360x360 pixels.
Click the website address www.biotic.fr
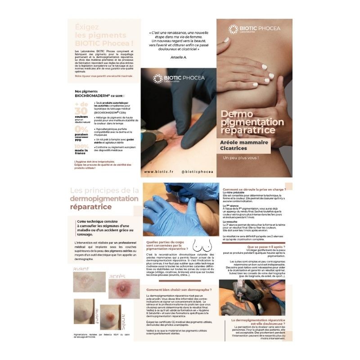[159, 171]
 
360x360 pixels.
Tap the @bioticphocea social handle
[197, 171]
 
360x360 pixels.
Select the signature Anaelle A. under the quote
[180, 57]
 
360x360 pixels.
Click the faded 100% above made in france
[81, 146]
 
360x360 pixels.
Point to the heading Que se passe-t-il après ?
[266, 247]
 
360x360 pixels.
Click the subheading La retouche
[231, 221]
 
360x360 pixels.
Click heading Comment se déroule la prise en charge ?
[254, 189]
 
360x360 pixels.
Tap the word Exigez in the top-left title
[87, 27]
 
